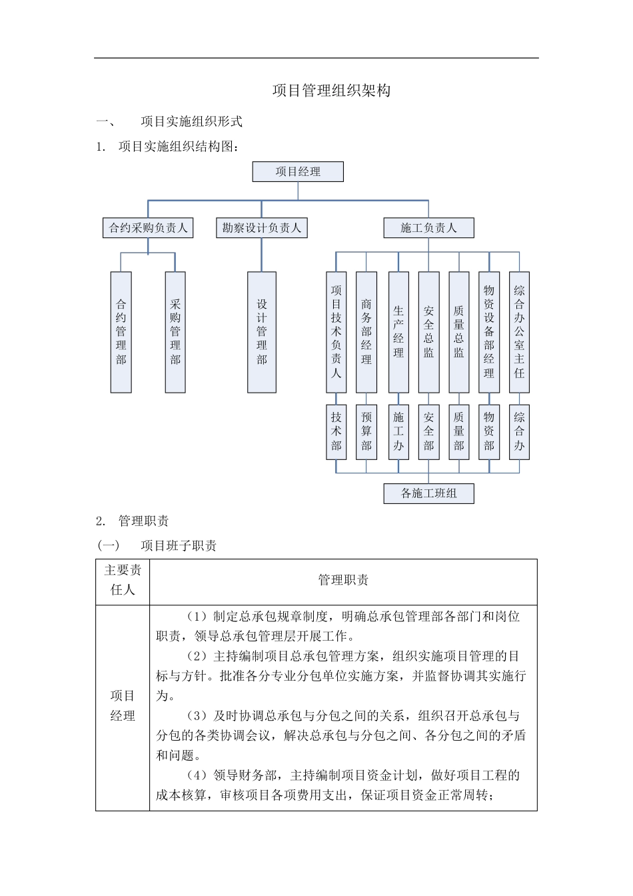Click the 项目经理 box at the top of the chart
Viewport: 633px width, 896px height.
(x=298, y=172)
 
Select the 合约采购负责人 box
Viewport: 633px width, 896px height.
(x=148, y=228)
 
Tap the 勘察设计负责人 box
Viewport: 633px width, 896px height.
(x=261, y=228)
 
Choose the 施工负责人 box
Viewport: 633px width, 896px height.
(x=428, y=228)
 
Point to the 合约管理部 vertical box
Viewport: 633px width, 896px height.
(x=121, y=332)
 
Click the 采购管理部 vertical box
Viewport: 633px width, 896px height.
(x=175, y=332)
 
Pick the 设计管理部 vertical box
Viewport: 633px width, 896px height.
(x=261, y=332)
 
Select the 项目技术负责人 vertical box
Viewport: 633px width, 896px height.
(x=336, y=332)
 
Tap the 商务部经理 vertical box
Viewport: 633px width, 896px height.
(x=366, y=332)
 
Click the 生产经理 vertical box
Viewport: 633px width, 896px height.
(x=398, y=332)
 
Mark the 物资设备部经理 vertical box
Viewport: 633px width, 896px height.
(x=489, y=332)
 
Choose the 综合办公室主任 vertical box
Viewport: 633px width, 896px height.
(x=519, y=332)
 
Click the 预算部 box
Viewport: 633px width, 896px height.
(x=366, y=432)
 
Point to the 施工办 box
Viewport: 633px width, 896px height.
(x=398, y=432)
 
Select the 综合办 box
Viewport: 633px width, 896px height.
(x=519, y=432)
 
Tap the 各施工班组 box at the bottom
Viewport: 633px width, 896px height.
(x=428, y=494)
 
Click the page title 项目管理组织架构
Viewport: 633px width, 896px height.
(x=331, y=91)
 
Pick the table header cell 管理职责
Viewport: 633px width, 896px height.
(x=343, y=580)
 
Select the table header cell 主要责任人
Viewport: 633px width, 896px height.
(x=123, y=580)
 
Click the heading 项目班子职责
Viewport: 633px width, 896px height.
(x=179, y=546)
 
